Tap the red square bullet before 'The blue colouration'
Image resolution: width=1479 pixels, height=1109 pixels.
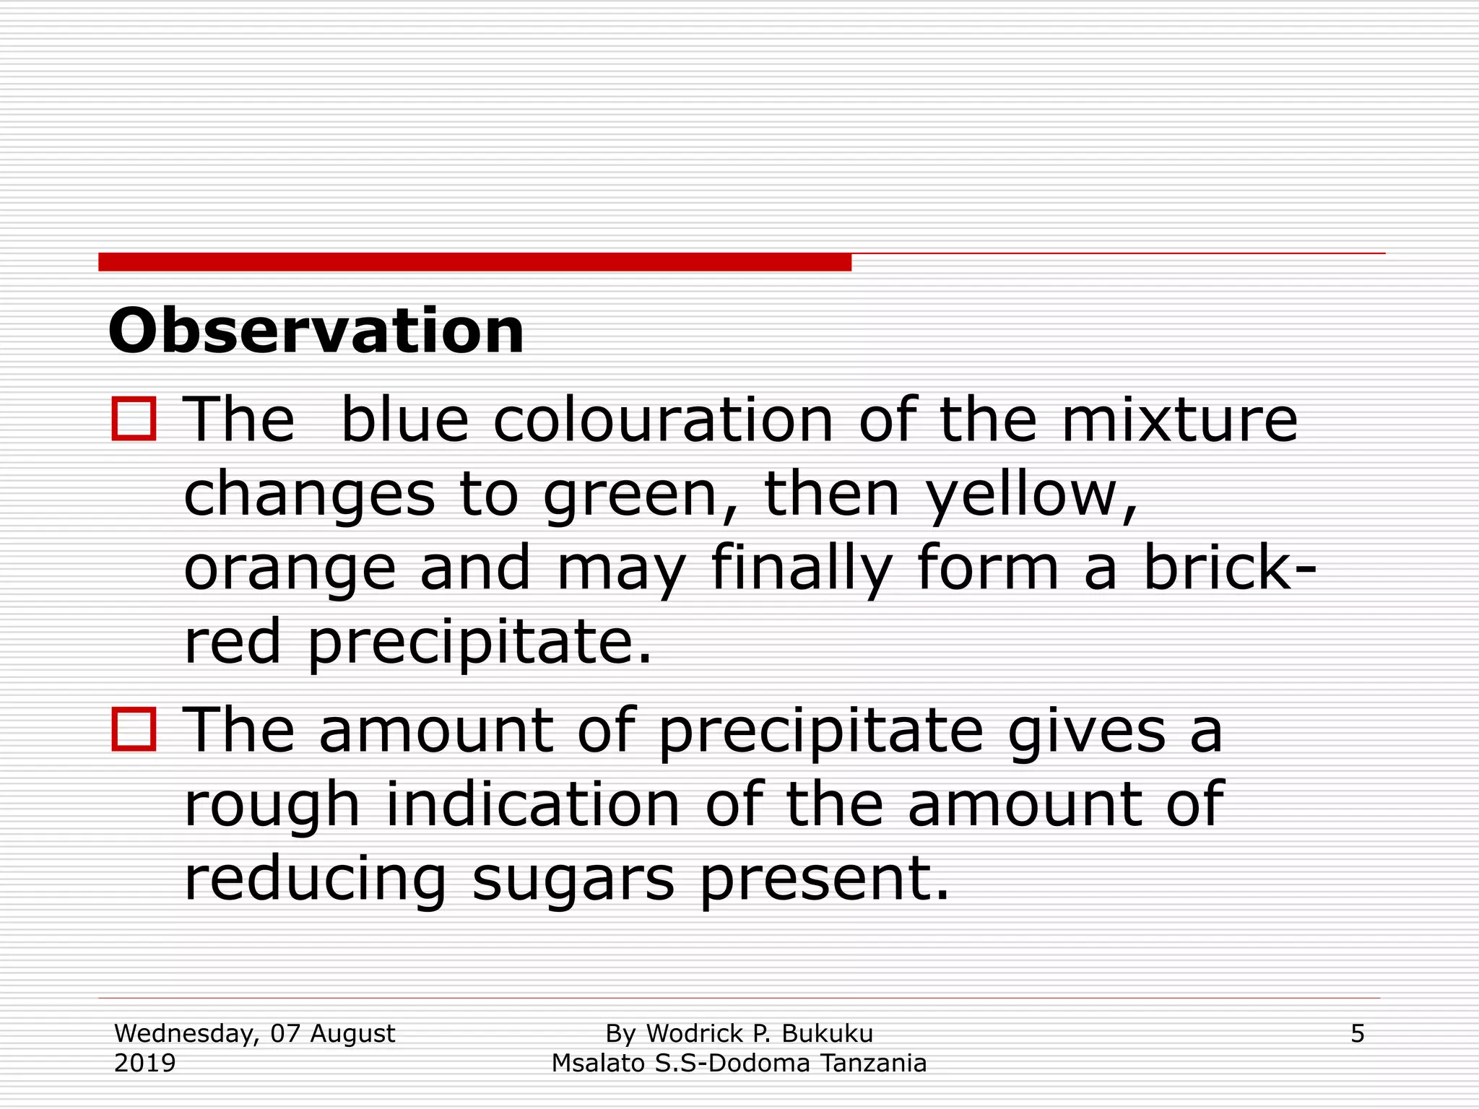pos(134,419)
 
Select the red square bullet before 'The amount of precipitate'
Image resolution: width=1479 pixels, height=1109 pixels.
pos(134,729)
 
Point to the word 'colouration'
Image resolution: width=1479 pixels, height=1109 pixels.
pos(664,420)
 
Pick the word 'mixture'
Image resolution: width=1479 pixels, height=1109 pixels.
pos(1179,420)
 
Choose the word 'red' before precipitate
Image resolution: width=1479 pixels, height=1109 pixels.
pos(232,642)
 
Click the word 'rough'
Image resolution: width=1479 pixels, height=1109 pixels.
pos(272,806)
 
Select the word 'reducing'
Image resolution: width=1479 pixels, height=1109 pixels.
pos(316,879)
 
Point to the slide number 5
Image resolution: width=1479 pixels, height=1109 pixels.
pos(1357,1034)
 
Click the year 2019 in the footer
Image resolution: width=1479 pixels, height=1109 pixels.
pos(145,1064)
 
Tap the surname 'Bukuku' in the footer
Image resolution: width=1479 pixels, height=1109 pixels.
pos(827,1034)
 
